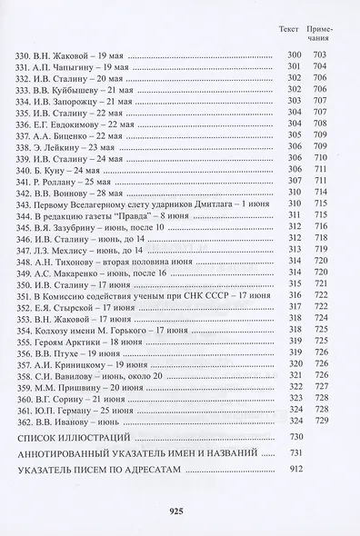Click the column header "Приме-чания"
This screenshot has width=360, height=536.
click(x=318, y=36)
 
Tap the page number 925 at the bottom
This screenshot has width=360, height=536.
click(x=178, y=511)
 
